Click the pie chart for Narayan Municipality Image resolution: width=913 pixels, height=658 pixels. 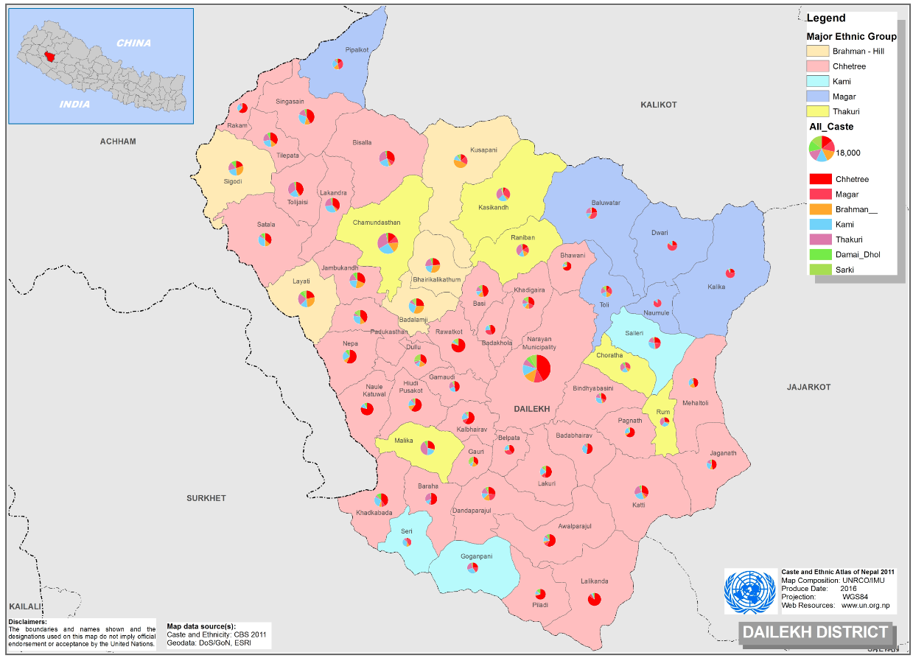tap(536, 368)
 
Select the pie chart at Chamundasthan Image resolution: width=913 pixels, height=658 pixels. tap(388, 242)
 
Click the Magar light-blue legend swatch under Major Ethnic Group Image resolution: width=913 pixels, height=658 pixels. tap(818, 97)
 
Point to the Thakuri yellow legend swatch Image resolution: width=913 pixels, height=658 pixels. tap(818, 112)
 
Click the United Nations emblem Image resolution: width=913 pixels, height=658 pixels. tap(750, 591)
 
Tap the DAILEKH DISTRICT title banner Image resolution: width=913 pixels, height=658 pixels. tap(815, 632)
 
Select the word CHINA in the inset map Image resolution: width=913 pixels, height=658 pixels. tap(133, 43)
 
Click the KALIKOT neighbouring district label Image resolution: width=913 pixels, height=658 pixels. tap(658, 105)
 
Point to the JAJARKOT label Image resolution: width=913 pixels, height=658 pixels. tap(808, 387)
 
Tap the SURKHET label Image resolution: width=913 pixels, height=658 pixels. tap(206, 498)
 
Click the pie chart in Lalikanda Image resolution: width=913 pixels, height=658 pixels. tap(595, 599)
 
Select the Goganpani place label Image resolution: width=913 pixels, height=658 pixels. tap(476, 556)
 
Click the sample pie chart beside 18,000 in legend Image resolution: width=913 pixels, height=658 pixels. tap(821, 148)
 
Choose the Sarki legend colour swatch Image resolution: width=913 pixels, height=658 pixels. tap(820, 270)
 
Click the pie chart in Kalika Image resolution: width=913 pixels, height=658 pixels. tap(730, 273)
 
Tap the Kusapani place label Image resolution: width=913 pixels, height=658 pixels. tap(483, 150)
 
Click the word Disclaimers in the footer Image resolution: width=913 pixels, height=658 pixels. tap(28, 621)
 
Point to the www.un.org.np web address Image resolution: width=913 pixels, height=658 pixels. tap(866, 605)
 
